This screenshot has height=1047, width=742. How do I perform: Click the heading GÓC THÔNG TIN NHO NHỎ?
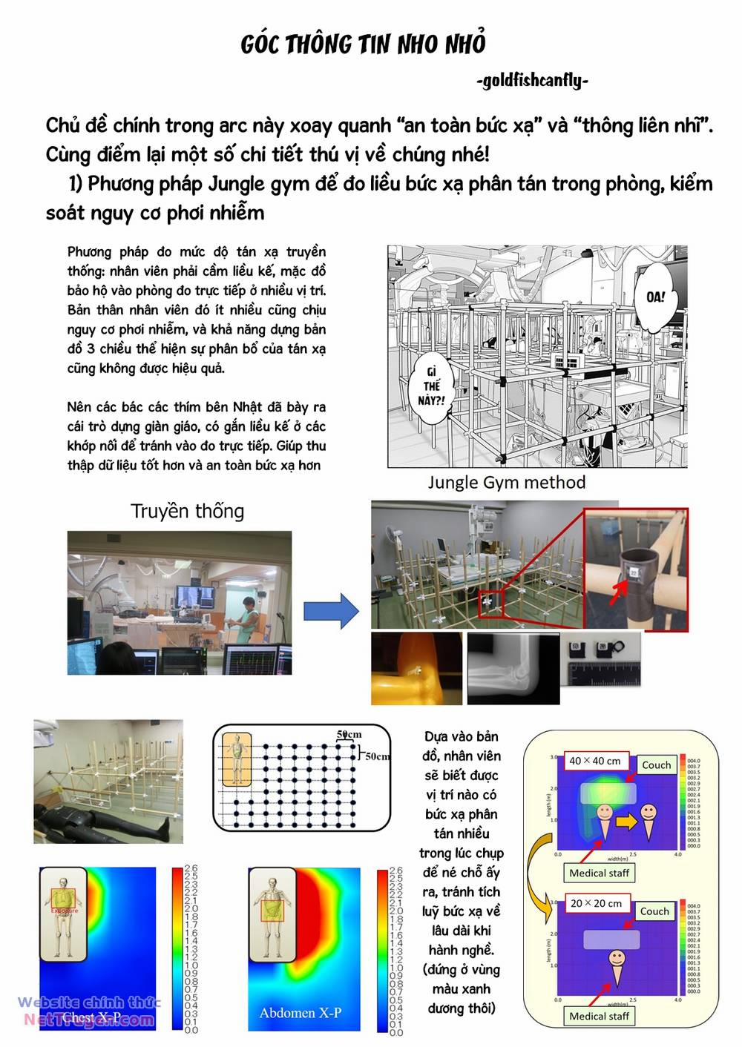click(363, 44)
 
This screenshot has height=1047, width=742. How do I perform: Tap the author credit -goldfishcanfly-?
click(532, 80)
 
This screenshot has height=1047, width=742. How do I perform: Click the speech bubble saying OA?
click(655, 297)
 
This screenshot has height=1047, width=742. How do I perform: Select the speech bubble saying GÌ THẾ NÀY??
click(432, 386)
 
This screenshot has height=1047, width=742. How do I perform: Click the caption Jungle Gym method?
click(506, 483)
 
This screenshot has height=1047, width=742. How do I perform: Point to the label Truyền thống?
click(187, 511)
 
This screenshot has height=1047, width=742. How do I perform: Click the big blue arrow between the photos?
click(331, 611)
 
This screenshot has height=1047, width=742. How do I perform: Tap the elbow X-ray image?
click(513, 668)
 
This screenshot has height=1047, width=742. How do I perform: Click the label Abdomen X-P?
click(300, 1013)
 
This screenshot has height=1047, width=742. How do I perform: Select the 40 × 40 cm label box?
click(595, 761)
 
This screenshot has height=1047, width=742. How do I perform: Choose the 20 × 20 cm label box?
click(596, 903)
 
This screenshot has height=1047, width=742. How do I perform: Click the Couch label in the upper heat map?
click(656, 764)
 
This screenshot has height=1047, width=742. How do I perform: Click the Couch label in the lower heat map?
click(654, 911)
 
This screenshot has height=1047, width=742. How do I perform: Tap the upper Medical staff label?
click(599, 873)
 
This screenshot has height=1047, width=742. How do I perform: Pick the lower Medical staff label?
click(599, 1016)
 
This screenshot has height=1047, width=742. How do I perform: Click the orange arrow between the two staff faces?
click(627, 821)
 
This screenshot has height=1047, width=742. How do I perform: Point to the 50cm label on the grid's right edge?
click(378, 756)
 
